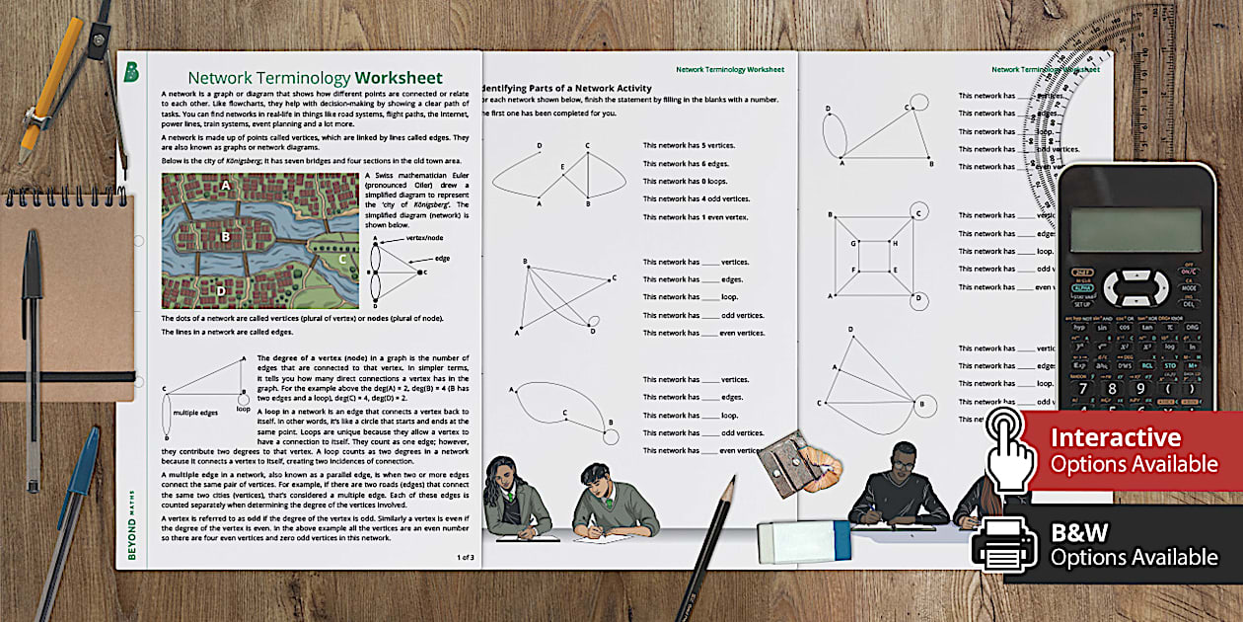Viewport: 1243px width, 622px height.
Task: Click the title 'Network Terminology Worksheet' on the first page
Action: (315, 78)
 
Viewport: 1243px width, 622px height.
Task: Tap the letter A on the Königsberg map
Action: (226, 185)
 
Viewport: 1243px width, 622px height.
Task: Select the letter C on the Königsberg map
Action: (342, 260)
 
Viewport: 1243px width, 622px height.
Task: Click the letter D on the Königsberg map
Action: (221, 290)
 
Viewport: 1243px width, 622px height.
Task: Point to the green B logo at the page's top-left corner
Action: (131, 72)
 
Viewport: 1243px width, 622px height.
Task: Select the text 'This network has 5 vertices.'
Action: (689, 146)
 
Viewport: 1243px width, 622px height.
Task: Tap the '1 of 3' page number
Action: (465, 557)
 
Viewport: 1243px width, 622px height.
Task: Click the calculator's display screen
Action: (1136, 229)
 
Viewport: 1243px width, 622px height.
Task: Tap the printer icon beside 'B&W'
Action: (1004, 545)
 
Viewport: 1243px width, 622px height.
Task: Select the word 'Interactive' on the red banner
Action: (1115, 437)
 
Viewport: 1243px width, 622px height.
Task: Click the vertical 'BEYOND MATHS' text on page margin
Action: (133, 513)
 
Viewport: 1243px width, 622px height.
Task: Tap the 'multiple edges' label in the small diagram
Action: (195, 413)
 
